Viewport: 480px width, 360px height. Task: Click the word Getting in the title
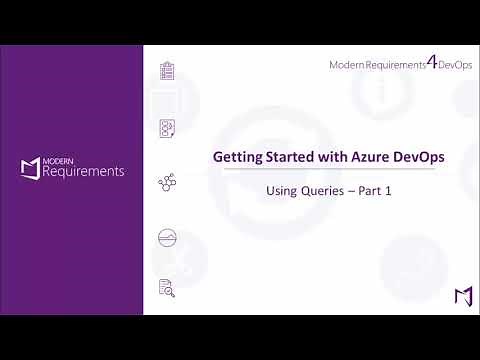(x=235, y=158)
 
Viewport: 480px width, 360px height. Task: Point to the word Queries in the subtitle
(x=323, y=190)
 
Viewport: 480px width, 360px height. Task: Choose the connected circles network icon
(x=167, y=183)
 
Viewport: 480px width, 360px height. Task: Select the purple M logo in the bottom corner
(x=463, y=296)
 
